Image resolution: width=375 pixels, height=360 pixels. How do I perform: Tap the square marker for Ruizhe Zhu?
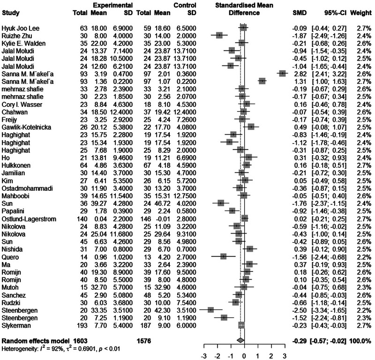click(x=219, y=35)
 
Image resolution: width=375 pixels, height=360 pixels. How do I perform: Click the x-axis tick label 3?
click(x=285, y=356)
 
